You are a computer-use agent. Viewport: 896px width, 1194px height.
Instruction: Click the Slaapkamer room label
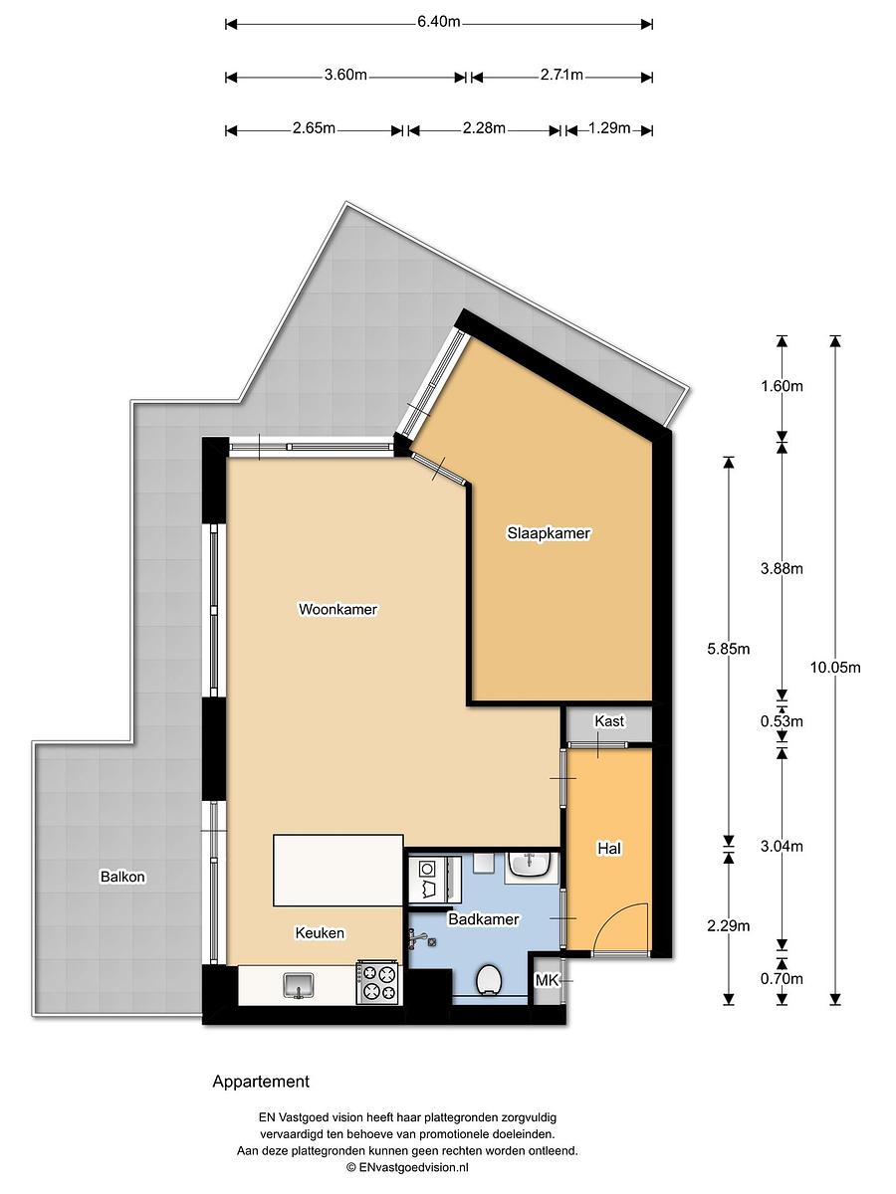(x=549, y=533)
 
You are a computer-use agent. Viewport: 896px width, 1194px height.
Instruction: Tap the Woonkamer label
(x=337, y=609)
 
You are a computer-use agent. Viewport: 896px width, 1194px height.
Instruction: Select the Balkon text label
(x=122, y=877)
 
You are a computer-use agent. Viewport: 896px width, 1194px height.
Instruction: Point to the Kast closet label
(x=609, y=721)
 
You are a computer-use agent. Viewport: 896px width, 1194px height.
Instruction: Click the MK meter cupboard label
(x=547, y=981)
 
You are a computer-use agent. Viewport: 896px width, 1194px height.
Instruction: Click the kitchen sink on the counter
(x=298, y=986)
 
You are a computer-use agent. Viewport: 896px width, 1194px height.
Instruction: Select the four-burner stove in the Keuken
(x=377, y=982)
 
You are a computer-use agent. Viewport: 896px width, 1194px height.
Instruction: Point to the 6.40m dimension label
(x=439, y=22)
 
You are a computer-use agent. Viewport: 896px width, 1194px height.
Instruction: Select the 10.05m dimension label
(x=835, y=668)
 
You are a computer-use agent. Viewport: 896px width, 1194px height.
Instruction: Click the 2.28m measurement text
(x=484, y=128)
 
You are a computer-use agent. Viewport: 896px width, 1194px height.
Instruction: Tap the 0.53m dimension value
(x=782, y=721)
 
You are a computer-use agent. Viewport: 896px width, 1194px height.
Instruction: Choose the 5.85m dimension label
(x=729, y=649)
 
